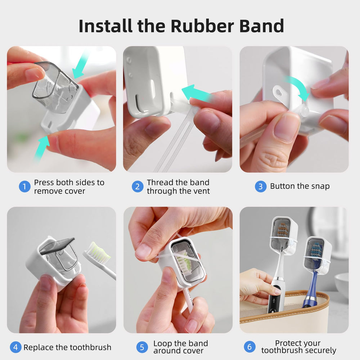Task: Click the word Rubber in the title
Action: tap(202, 26)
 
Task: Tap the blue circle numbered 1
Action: tap(24, 186)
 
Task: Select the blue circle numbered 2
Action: tap(138, 186)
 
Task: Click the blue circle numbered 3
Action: tap(261, 186)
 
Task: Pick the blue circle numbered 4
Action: tap(15, 347)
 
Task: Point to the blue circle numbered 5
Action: tap(142, 347)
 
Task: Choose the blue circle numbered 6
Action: tap(249, 347)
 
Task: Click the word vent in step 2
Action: tap(201, 191)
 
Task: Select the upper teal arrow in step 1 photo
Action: tap(80, 66)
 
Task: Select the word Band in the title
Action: tap(262, 26)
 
